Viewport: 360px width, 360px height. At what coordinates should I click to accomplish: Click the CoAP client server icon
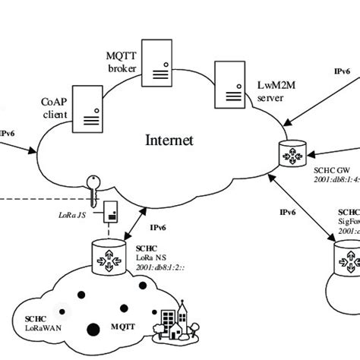(90, 106)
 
